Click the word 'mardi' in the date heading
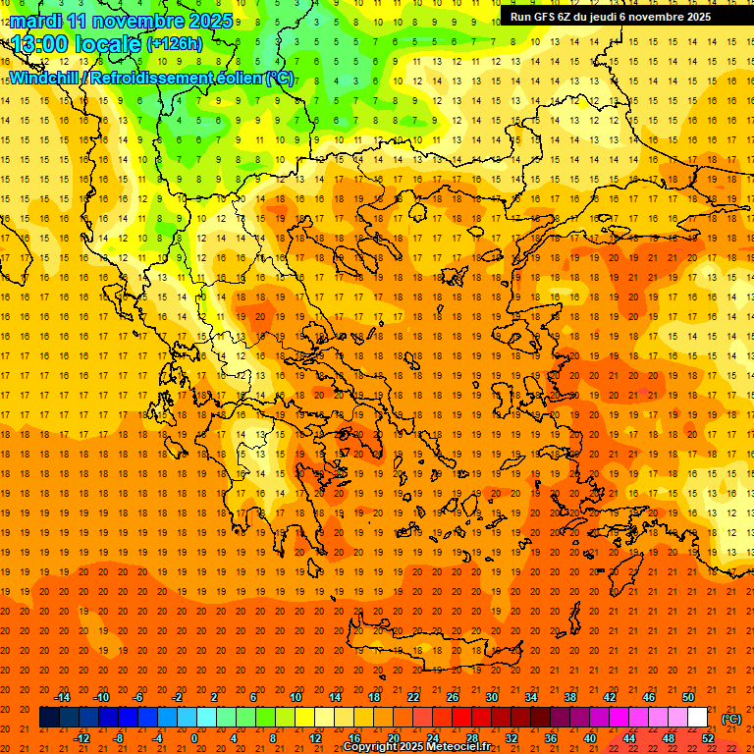click(x=37, y=20)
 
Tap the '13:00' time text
click(x=40, y=43)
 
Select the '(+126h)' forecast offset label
click(x=174, y=43)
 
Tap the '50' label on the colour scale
click(x=688, y=697)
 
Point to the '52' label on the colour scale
click(x=708, y=738)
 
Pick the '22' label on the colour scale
click(x=413, y=697)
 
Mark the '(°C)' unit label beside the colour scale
click(x=730, y=719)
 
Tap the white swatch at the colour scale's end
click(x=698, y=718)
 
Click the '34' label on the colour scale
click(x=531, y=697)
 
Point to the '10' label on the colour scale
click(x=296, y=697)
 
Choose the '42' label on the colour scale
click(x=610, y=697)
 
